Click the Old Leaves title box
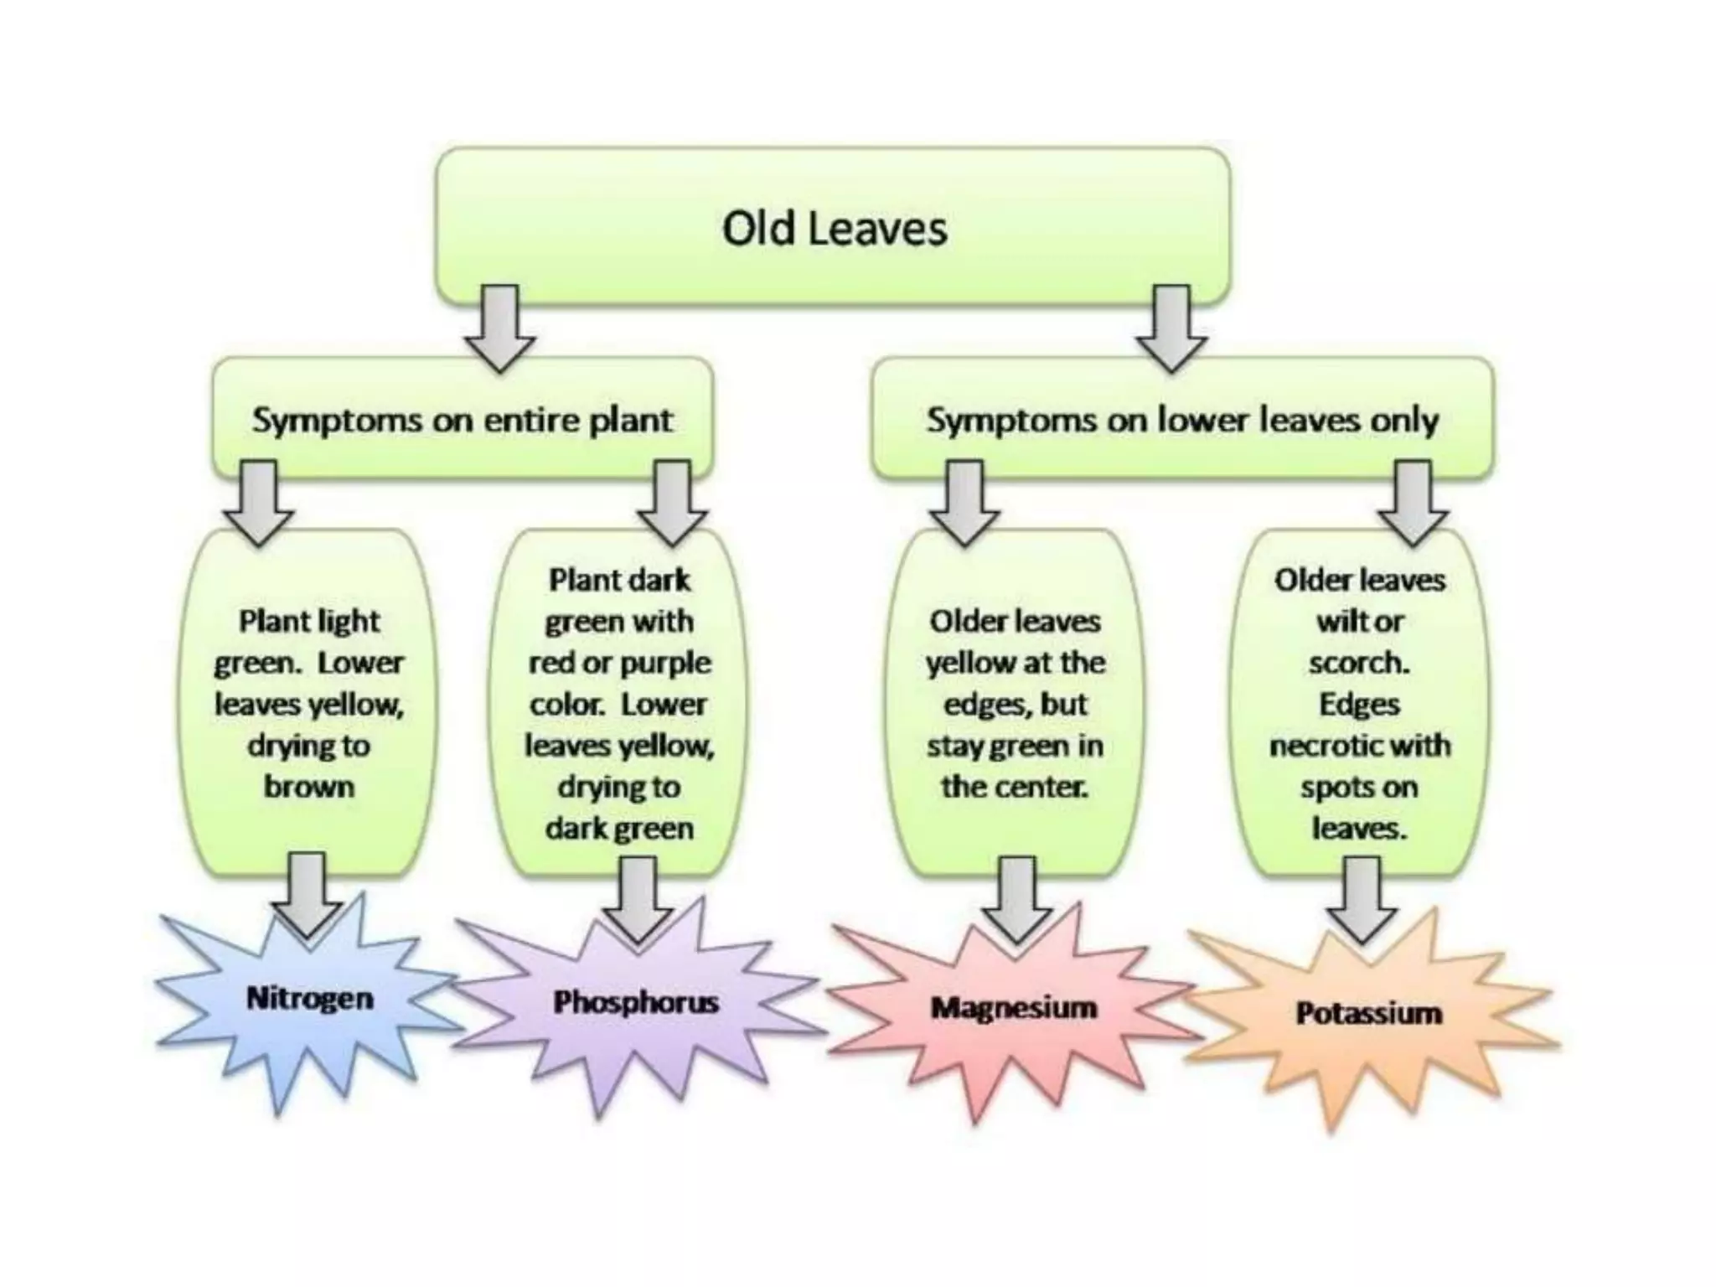834,226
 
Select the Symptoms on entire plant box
463,419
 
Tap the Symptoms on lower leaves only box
1181,419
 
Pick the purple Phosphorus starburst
635,1002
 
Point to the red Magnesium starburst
1014,1007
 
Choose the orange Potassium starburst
1368,1014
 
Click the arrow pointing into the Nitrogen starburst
308,893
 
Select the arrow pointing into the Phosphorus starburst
637,898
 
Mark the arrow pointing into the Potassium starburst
1362,900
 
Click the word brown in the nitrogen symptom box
309,787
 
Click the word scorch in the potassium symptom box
1359,663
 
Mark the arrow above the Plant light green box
260,503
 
